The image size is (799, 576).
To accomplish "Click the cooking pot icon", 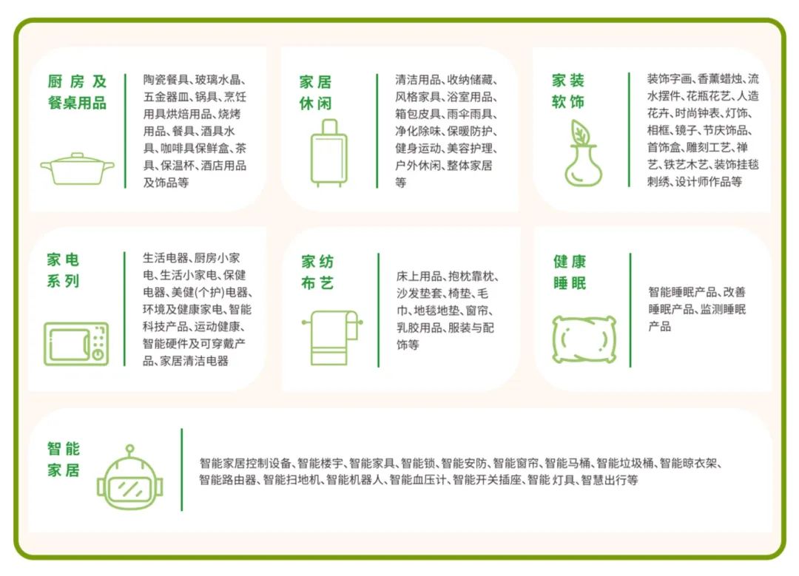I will pos(77,169).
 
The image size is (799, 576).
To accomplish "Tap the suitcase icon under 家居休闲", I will pos(328,154).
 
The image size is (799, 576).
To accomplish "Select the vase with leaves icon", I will pos(583,154).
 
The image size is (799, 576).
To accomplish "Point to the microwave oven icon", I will pos(76,344).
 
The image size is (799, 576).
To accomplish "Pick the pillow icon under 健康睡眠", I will pos(584,339).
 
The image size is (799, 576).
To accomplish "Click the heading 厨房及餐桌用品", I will pos(77,92).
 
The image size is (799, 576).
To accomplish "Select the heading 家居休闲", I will pos(316,92).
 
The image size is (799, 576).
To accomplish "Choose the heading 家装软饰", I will pos(568,91).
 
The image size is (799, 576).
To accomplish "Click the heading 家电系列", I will pos(63,271).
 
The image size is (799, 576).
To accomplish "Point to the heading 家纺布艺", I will pos(317,272).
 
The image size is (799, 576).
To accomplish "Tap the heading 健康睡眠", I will pos(570,272).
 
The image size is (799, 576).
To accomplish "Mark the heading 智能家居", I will pos(64,459).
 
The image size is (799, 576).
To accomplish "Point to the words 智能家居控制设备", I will pos(246,464).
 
